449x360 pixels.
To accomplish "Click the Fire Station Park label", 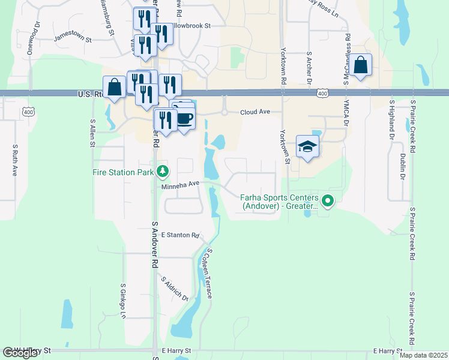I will [124, 173].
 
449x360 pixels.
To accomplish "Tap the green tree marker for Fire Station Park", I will [162, 172].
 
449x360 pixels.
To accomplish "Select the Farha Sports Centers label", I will [279, 201].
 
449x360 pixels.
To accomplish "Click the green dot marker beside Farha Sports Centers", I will [327, 201].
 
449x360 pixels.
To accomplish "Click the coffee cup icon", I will [184, 118].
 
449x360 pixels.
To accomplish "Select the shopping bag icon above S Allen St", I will [114, 88].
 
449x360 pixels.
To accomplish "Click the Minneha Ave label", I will [180, 185].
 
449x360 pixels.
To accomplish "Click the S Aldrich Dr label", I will [175, 289].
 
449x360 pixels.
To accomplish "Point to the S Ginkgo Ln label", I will [123, 301].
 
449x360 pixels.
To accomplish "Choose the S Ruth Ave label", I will [15, 160].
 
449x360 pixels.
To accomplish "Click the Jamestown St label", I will [72, 39].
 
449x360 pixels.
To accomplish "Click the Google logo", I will [20, 352].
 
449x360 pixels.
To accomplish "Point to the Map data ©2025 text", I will [423, 355].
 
